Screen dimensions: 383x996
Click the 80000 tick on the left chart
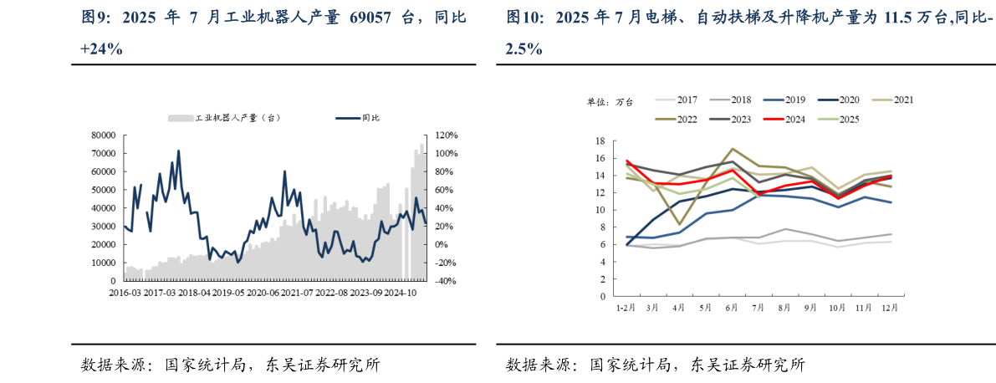click(104, 135)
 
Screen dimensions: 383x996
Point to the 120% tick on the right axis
click(447, 135)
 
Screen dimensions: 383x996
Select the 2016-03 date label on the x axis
click(125, 294)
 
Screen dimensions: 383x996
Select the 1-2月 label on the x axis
click(626, 308)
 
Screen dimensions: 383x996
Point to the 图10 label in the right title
click(524, 18)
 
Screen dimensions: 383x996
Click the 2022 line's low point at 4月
click(679, 224)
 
